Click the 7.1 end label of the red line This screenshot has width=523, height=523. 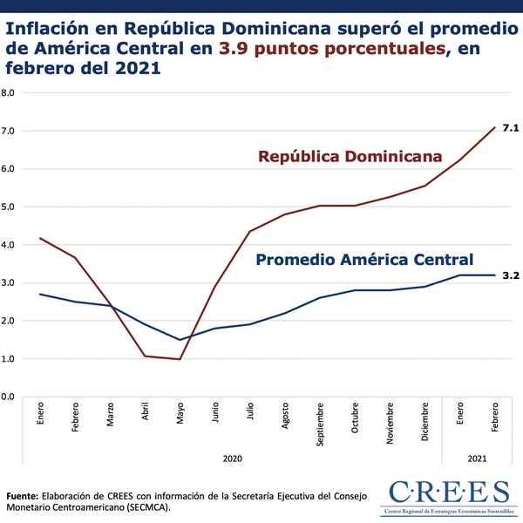[x=511, y=128]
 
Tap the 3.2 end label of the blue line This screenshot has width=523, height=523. [x=511, y=275]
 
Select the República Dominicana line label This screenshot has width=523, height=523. [x=350, y=157]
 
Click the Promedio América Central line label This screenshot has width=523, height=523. [x=364, y=260]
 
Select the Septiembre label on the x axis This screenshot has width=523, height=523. [x=320, y=424]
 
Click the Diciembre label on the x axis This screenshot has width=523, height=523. [x=425, y=420]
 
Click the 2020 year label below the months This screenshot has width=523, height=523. [x=232, y=458]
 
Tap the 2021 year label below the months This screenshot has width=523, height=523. [x=477, y=458]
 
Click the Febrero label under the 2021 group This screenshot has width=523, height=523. [x=495, y=417]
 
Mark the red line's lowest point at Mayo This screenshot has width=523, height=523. [x=180, y=359]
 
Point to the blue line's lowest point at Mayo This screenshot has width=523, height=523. [x=180, y=340]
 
